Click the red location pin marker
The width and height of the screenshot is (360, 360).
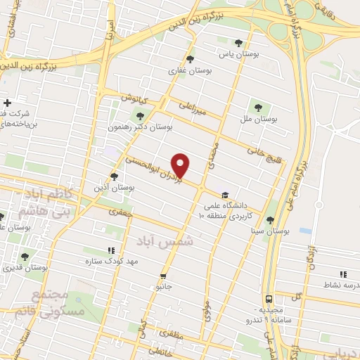coord(181,165)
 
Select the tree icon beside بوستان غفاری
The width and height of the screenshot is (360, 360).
coord(190,59)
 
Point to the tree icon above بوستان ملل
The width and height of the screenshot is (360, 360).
coord(258,108)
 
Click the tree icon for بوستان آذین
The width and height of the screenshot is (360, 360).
coord(115,176)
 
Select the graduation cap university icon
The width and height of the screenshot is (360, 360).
coord(224,195)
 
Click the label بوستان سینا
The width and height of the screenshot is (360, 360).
coord(270,231)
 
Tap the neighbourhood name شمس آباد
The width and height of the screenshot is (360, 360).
coord(166,240)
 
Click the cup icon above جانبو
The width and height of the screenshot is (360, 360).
coord(164,276)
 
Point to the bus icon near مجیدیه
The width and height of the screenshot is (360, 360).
coord(269,298)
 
